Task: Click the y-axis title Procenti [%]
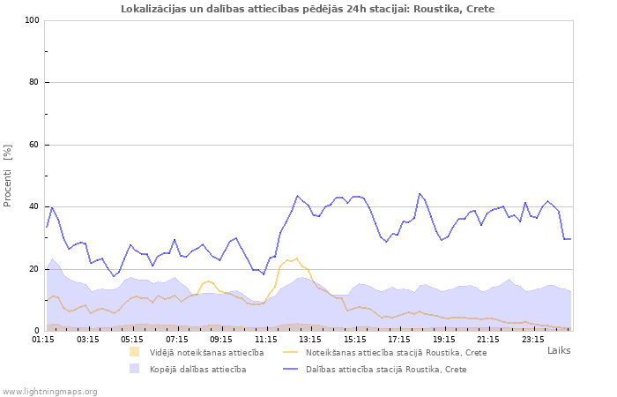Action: [x=8, y=176]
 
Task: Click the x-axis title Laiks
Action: [x=559, y=350]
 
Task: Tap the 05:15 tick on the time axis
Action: [x=132, y=338]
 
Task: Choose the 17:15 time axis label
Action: [x=399, y=338]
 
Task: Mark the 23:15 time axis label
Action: [x=533, y=338]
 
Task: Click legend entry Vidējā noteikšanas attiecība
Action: [x=206, y=352]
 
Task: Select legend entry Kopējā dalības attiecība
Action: [x=197, y=369]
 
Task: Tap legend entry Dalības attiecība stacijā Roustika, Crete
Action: [x=386, y=369]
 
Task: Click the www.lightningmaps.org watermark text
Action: [x=48, y=391]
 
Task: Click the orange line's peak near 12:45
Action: [x=297, y=258]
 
